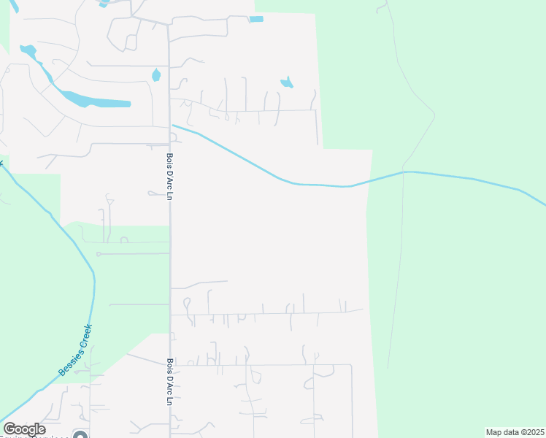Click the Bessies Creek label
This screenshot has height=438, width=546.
[x=76, y=350]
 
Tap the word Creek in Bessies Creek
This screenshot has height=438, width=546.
[x=84, y=335]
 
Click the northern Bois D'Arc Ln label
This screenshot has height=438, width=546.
[x=168, y=179]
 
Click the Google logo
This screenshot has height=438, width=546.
[x=24, y=429]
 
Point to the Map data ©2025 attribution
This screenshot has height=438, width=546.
[x=514, y=432]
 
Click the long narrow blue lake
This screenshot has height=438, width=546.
[x=95, y=100]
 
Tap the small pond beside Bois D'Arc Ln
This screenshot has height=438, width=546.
[x=155, y=75]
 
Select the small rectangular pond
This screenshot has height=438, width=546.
[x=256, y=19]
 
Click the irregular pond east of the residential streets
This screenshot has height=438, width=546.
[x=287, y=82]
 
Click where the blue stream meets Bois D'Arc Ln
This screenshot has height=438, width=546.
[x=172, y=126]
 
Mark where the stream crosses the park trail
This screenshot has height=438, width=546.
[x=404, y=172]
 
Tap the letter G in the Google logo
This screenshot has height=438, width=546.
[x=10, y=429]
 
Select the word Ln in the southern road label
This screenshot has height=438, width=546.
[x=169, y=400]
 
